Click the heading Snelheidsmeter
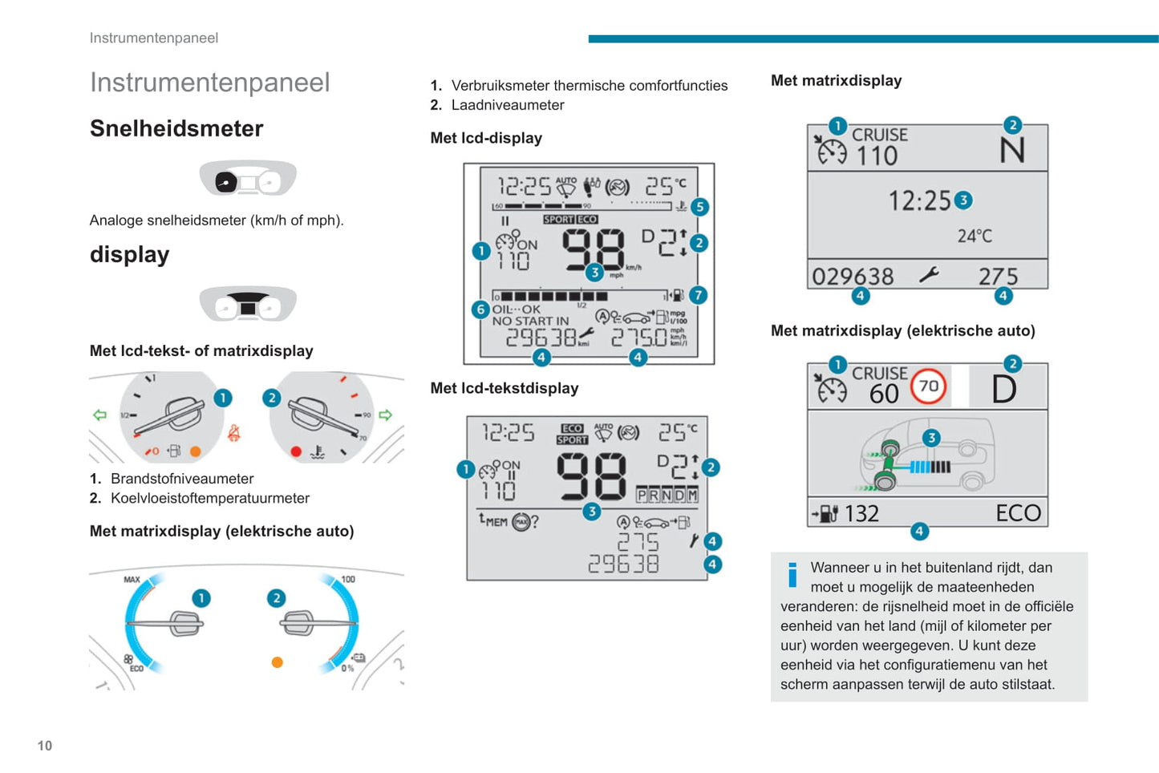coord(176,128)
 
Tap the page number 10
coord(45,746)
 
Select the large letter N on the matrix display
coord(1012,151)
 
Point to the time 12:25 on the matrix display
coord(919,200)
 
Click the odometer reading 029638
coord(853,277)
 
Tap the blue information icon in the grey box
coord(792,574)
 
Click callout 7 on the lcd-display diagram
coord(698,295)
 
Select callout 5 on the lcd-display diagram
coord(699,207)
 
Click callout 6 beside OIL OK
coord(480,309)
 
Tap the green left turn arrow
coord(99,415)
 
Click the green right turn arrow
coord(386,415)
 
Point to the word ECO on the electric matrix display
coord(1018,513)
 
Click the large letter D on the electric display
coord(1004,390)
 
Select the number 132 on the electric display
coord(862,513)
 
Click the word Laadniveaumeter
coord(508,105)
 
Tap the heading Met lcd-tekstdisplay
coord(505,388)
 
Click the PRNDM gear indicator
coord(667,495)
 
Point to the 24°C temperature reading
coord(975,236)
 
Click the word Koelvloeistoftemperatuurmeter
coord(210,498)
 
